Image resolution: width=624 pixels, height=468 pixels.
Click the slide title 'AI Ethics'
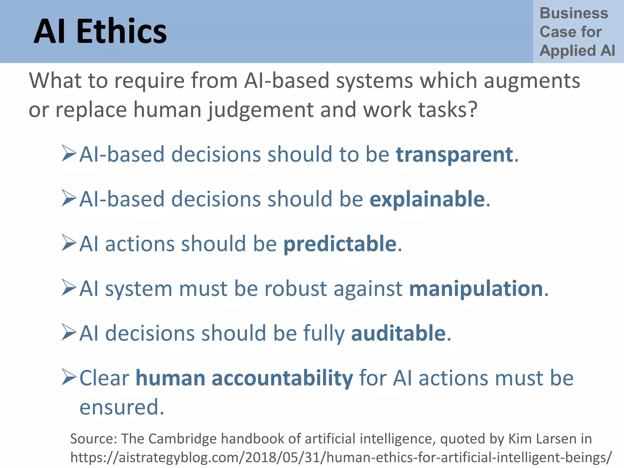coord(100,31)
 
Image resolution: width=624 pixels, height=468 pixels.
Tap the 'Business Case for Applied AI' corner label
coord(577,32)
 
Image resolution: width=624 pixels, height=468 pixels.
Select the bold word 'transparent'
coord(454,154)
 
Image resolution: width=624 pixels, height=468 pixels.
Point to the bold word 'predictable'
coord(340,244)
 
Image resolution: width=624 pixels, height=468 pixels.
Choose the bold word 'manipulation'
coord(476,289)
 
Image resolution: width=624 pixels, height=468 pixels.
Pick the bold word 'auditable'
coord(398,333)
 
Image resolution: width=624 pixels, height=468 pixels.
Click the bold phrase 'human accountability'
coord(244,378)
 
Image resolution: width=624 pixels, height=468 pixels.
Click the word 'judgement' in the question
coord(261,110)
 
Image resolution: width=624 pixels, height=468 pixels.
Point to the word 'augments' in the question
coord(532,81)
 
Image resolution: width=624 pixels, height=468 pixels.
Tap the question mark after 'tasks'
coord(473,109)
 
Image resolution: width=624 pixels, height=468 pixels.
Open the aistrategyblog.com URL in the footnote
coord(341,457)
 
